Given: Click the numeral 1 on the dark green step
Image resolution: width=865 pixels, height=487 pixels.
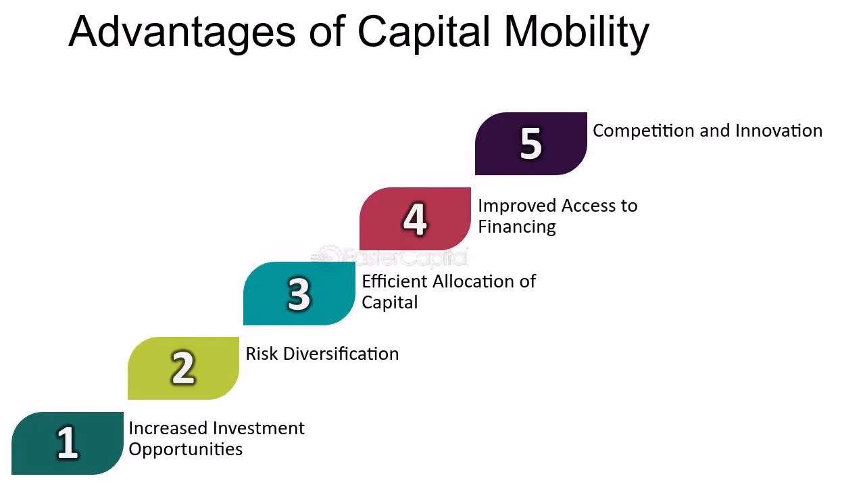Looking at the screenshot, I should tap(67, 443).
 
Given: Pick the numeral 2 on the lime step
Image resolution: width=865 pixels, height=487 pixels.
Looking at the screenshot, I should tap(182, 368).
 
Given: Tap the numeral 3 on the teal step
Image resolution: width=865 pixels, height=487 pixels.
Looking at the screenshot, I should tap(299, 294).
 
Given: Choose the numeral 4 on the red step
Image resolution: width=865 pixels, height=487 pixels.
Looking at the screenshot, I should tap(415, 219).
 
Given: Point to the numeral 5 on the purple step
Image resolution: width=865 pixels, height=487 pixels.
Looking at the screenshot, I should tap(531, 143).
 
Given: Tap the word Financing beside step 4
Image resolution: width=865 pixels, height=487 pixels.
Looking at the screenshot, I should tap(517, 227).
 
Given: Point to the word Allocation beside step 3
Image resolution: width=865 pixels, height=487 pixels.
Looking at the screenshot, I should tap(474, 281).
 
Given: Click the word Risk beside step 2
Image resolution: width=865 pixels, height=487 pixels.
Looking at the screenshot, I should tap(262, 354).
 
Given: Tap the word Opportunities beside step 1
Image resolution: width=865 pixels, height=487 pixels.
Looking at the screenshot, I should tap(185, 450).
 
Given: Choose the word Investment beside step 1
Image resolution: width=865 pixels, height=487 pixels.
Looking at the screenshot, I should tap(259, 428).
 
